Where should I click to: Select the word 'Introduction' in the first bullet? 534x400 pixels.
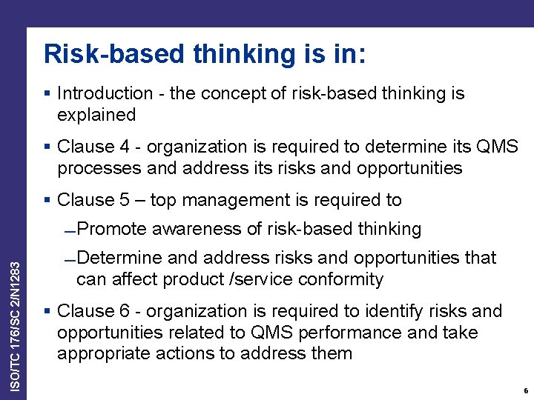pyautogui.click(x=105, y=93)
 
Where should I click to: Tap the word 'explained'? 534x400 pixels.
pyautogui.click(x=96, y=115)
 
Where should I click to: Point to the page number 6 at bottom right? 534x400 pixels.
pyautogui.click(x=525, y=390)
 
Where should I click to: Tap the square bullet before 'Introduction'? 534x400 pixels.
pyautogui.click(x=47, y=93)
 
